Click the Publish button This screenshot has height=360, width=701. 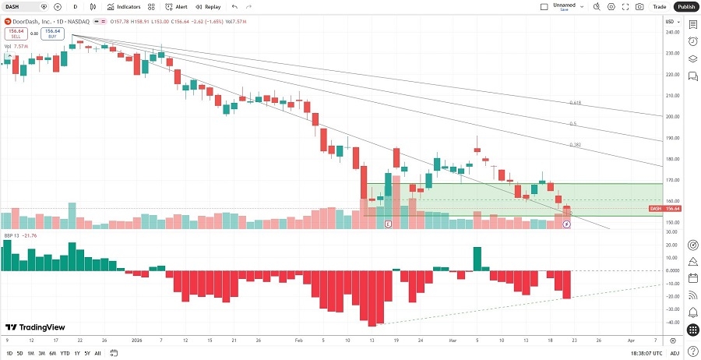pyautogui.click(x=685, y=6)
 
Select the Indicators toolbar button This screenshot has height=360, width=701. pyautogui.click(x=124, y=6)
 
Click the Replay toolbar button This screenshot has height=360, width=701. pyautogui.click(x=208, y=6)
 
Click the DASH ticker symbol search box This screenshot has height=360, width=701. pyautogui.click(x=21, y=6)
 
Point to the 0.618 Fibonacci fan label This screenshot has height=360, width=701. pyautogui.click(x=575, y=103)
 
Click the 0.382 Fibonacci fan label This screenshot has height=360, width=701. pyautogui.click(x=576, y=145)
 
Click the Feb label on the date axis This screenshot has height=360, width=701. pyautogui.click(x=299, y=341)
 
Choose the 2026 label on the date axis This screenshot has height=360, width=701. pyautogui.click(x=136, y=341)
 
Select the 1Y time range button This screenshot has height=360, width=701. pyautogui.click(x=77, y=353)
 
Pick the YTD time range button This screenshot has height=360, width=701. pyautogui.click(x=65, y=353)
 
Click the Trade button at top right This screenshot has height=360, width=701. pyautogui.click(x=660, y=6)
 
